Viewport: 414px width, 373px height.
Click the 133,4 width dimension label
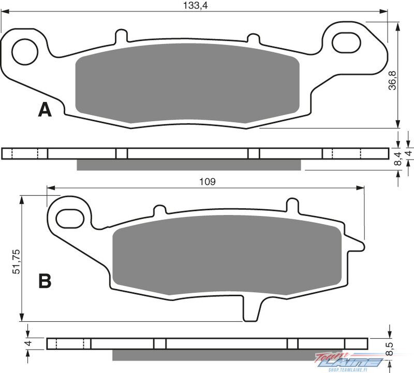pyautogui.click(x=196, y=5)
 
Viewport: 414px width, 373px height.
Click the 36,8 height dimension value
pyautogui.click(x=393, y=80)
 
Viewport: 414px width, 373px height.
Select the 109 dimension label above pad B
pyautogui.click(x=208, y=182)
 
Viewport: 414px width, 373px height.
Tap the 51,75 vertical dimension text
pyautogui.click(x=16, y=261)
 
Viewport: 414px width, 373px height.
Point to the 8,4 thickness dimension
pyautogui.click(x=397, y=159)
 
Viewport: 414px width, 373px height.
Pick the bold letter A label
pyautogui.click(x=45, y=110)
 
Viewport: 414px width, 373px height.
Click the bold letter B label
pyautogui.click(x=45, y=281)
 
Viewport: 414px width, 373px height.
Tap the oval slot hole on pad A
pyautogui.click(x=346, y=42)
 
